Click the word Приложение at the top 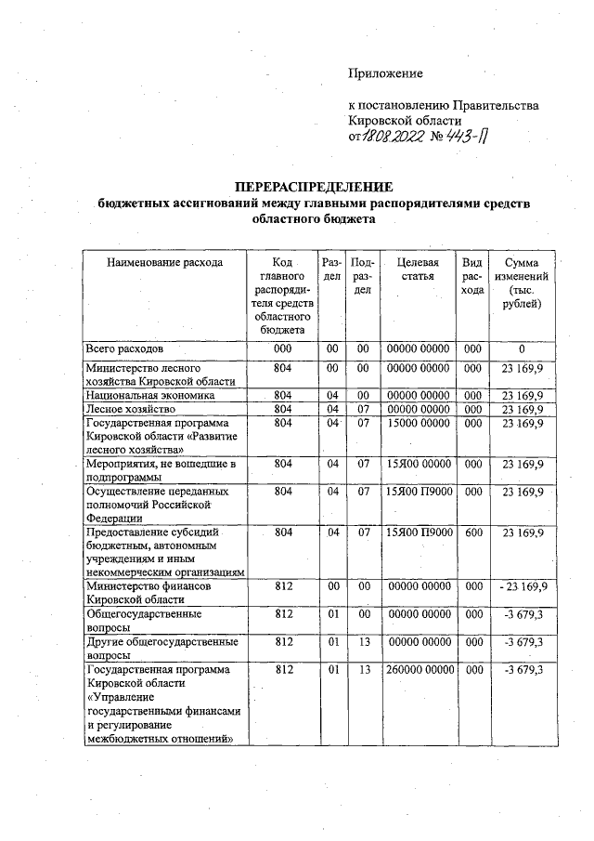(x=385, y=73)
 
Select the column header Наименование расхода (x=164, y=263)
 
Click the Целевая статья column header (x=417, y=269)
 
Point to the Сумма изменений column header (x=522, y=284)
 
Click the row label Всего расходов (x=124, y=348)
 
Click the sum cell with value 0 (x=522, y=348)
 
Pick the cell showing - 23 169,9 (x=522, y=587)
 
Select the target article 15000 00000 (x=418, y=423)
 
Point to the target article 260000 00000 (x=418, y=669)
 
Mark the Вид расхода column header (x=472, y=277)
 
